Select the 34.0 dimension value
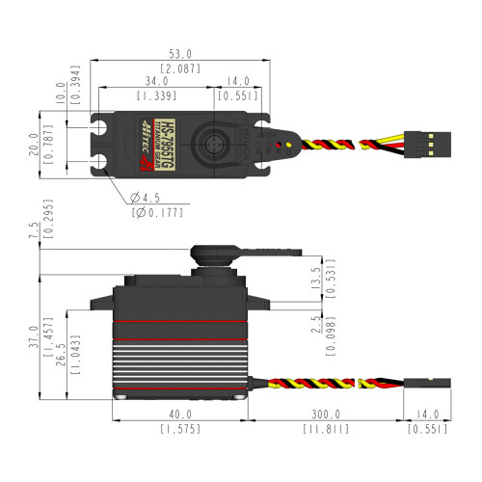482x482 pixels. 154,82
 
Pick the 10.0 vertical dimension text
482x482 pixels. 60,92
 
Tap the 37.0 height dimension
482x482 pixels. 34,335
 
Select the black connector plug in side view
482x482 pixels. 430,383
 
